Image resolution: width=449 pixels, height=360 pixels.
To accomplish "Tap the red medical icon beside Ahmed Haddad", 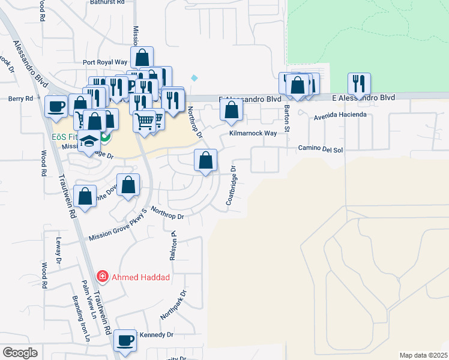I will point(103,277).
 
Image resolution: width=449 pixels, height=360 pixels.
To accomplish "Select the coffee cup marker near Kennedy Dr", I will point(126,341).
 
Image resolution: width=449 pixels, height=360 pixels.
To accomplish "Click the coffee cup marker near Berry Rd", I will point(56,107).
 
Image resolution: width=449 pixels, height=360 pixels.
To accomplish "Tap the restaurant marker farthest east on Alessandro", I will point(359,83).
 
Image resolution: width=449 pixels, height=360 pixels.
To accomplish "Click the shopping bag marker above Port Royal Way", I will point(142,58).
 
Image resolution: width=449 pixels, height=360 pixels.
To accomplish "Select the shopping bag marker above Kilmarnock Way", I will point(231,110).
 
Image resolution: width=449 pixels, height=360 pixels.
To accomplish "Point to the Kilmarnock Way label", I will point(253,133).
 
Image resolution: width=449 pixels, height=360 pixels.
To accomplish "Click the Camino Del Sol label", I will point(321,148).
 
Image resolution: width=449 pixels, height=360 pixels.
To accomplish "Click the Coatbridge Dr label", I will point(232,186).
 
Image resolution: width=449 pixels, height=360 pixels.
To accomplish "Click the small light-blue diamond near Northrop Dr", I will point(194,78).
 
